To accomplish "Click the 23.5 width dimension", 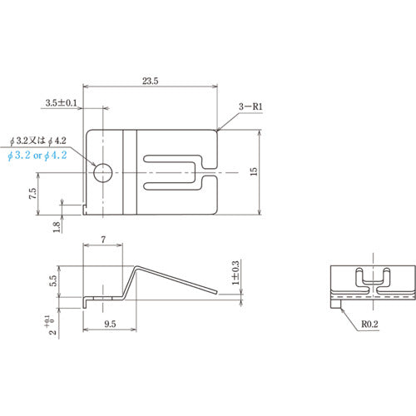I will [x=151, y=82].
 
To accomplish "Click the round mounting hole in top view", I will [x=102, y=172].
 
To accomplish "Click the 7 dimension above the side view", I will [x=102, y=240].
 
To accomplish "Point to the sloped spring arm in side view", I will [x=179, y=280].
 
